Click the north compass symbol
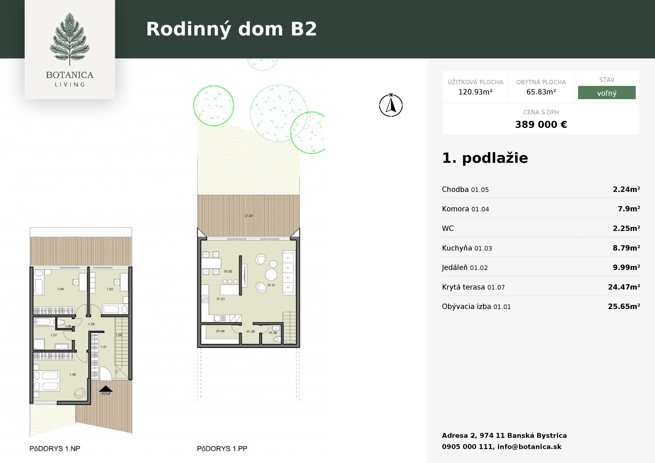tap(391, 105)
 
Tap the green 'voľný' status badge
tap(606, 93)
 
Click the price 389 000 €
tap(541, 124)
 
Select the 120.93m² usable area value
tap(475, 92)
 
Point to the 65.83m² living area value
tap(541, 92)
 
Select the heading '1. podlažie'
tap(485, 158)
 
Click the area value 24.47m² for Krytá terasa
tap(624, 287)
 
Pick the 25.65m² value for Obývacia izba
tap(624, 306)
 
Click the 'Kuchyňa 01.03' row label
tap(467, 248)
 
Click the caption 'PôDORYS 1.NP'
tap(55, 448)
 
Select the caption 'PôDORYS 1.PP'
tap(222, 448)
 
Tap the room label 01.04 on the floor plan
tap(220, 331)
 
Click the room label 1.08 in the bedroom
tap(72, 374)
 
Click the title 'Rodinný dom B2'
tap(231, 29)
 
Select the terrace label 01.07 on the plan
tap(249, 216)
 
